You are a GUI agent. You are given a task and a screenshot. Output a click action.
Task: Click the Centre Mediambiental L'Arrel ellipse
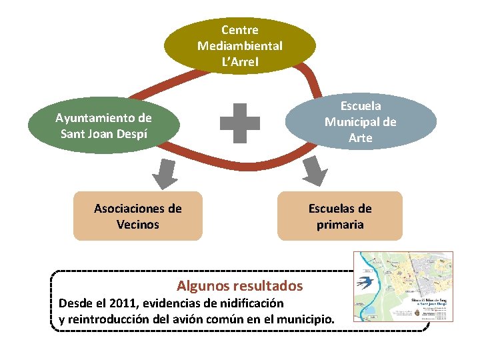click(240, 45)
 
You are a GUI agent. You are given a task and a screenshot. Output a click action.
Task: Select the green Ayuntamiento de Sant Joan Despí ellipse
click(103, 125)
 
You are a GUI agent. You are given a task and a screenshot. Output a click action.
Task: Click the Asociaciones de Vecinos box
click(137, 216)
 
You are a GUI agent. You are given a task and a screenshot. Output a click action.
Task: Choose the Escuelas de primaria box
click(340, 216)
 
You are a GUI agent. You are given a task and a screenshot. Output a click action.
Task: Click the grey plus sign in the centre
click(240, 123)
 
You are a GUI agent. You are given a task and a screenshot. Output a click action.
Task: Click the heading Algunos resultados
click(239, 286)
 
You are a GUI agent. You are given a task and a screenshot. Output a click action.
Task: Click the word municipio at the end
click(305, 319)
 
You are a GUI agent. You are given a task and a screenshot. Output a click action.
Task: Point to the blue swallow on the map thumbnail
click(365, 279)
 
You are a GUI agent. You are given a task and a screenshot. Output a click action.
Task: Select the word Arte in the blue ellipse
click(360, 138)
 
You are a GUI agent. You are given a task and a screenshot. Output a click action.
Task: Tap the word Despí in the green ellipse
click(129, 133)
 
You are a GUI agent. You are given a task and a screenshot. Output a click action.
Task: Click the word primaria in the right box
click(340, 225)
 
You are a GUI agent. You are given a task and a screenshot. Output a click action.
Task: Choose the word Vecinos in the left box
click(137, 225)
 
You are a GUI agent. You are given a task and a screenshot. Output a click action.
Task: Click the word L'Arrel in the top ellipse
click(240, 62)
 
